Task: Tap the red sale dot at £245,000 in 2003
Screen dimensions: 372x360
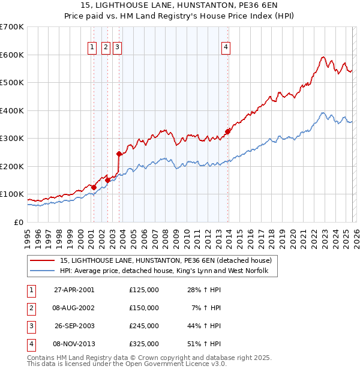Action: pos(119,154)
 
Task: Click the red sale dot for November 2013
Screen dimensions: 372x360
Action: pos(228,131)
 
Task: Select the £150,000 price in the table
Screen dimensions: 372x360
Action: pos(144,308)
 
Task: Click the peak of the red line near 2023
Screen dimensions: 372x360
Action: pos(323,58)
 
